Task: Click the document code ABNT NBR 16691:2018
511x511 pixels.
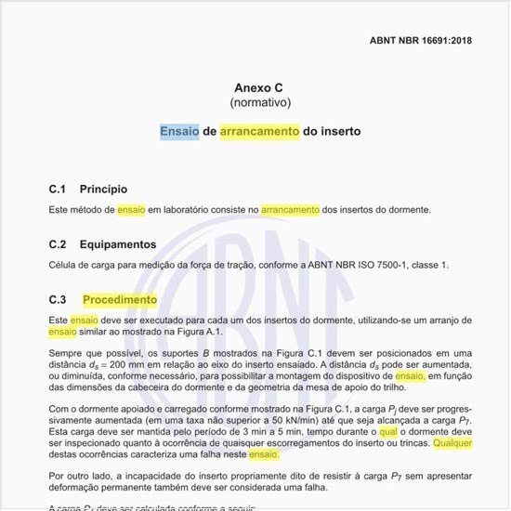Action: [420, 41]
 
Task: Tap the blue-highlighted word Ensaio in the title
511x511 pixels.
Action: [179, 132]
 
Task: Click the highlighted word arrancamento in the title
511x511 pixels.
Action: [259, 132]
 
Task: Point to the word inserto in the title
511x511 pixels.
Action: [340, 132]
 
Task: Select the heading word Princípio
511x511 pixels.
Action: [103, 189]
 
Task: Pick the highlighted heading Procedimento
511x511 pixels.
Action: [120, 300]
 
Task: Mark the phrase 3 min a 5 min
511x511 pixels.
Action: [192, 432]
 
